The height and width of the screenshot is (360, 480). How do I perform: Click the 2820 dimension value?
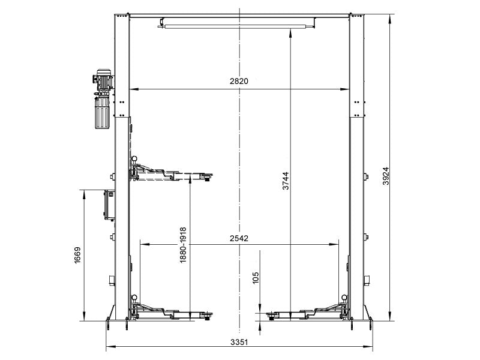pyautogui.click(x=239, y=82)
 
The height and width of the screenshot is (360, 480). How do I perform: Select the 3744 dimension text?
pyautogui.click(x=286, y=181)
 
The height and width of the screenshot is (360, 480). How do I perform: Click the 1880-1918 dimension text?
pyautogui.click(x=183, y=245)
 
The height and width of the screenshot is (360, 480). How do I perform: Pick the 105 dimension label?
pyautogui.click(x=256, y=277)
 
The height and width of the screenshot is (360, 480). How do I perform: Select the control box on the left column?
pyautogui.click(x=110, y=205)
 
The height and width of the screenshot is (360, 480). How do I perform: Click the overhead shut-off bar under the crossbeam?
pyautogui.click(x=236, y=25)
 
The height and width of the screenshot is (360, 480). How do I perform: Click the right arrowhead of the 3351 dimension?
pyautogui.click(x=371, y=347)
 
